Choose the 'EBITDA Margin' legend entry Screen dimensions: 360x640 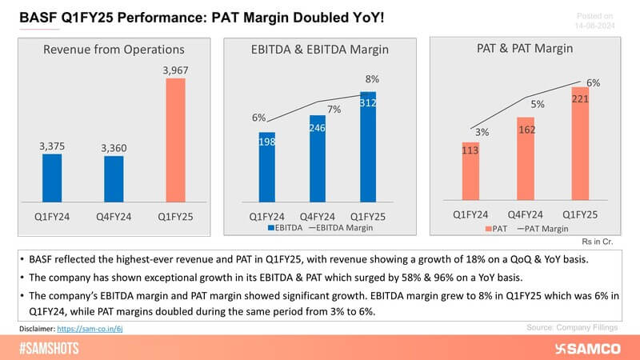(342, 229)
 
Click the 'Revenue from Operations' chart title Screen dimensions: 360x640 (114, 50)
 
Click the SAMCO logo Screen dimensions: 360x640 (593, 349)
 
